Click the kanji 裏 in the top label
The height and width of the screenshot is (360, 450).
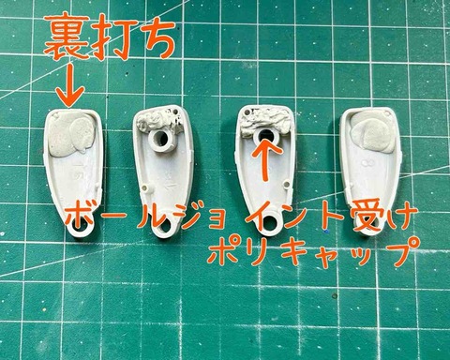67,37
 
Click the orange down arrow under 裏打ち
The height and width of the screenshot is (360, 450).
70,84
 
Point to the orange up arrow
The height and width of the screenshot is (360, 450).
266,159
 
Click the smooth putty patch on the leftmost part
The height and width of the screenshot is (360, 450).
71,134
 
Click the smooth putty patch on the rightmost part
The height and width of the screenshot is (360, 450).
372,130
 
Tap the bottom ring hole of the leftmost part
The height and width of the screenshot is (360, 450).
81,224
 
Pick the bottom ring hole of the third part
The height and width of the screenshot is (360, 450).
269,224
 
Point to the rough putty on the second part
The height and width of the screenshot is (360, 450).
159,121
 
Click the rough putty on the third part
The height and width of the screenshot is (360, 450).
265,121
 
